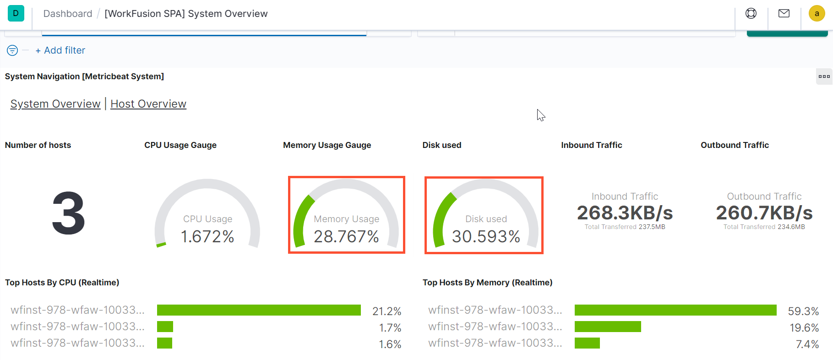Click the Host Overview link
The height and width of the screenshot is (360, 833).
coord(148,104)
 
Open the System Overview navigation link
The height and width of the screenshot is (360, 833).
coord(55,104)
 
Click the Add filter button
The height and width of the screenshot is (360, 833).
coord(60,50)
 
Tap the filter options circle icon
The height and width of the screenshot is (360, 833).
coord(12,50)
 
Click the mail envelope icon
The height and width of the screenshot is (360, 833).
coord(784,13)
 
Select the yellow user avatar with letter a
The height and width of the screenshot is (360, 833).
coord(817,13)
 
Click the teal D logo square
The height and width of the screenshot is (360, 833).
coord(16,13)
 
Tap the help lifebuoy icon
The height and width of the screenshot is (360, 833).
coord(751,13)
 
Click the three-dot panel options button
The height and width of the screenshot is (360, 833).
coord(824,76)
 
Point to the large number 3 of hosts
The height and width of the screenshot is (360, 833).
coord(69,213)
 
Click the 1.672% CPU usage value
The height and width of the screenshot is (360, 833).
coord(207,236)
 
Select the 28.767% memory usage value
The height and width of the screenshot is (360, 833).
coord(347,236)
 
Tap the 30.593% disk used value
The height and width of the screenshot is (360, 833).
coord(486,236)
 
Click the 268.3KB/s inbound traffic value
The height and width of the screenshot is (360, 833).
coord(625,213)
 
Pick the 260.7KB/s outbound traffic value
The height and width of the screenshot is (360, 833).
coord(764,213)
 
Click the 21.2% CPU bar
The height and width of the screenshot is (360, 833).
coord(259,310)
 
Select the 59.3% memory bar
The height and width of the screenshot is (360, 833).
coord(675,310)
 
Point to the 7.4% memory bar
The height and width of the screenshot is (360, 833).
coord(587,343)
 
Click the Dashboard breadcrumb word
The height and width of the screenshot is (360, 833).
coord(68,14)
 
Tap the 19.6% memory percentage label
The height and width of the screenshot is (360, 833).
coord(804,328)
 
